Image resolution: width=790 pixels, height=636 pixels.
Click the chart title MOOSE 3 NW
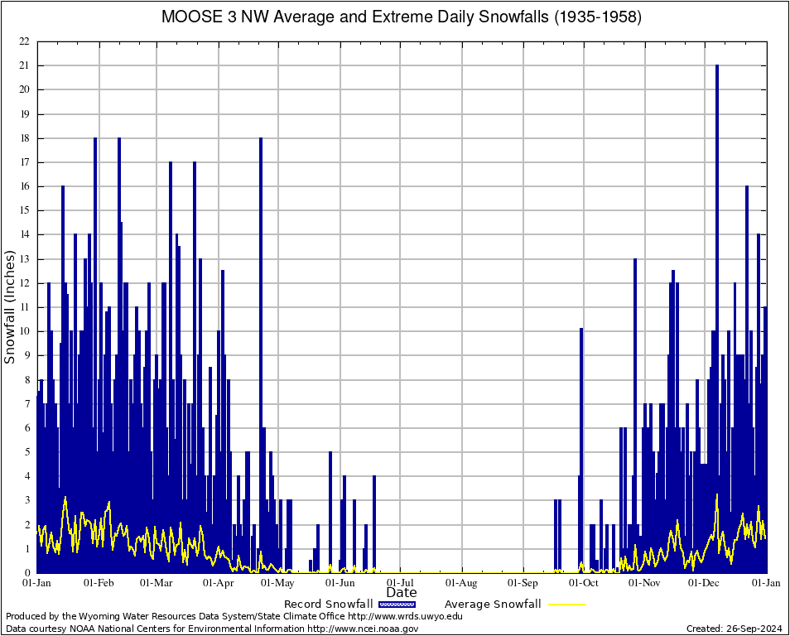pos(402,17)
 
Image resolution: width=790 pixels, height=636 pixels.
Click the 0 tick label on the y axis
pos(26,572)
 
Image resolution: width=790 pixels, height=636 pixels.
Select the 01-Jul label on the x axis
pos(402,582)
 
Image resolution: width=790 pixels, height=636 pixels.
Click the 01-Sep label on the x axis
pos(523,582)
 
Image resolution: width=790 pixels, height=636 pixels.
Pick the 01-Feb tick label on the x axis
pos(99,582)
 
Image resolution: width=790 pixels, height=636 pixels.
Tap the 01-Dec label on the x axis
pos(706,582)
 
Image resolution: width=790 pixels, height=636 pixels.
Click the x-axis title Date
pos(402,593)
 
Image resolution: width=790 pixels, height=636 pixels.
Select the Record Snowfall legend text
pos(328,604)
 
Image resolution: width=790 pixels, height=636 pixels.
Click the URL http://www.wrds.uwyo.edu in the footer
pos(405,616)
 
